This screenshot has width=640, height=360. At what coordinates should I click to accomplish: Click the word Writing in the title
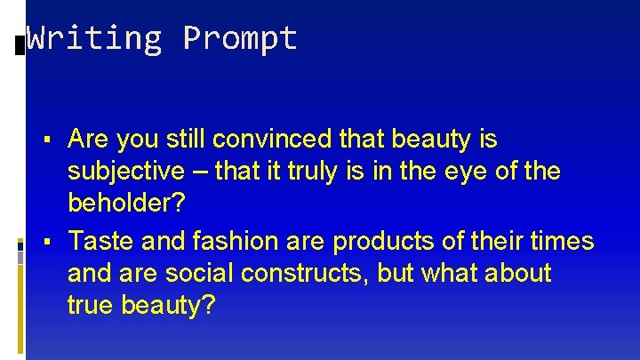coord(93,38)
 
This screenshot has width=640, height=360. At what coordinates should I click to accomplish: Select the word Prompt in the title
coord(240,38)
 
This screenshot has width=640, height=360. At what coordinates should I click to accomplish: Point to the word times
coord(560,241)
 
